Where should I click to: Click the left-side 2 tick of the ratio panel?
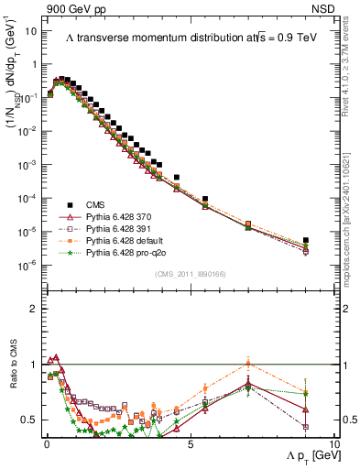[33, 309]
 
